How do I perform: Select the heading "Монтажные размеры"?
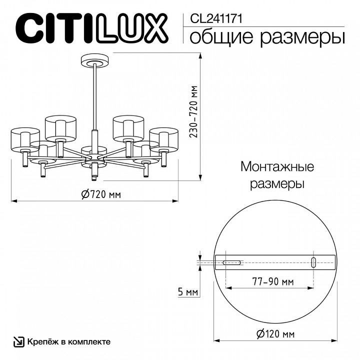(277, 174)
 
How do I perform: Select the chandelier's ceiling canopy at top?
(93, 61)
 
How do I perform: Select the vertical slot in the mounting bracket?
(313, 262)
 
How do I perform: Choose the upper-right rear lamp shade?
(128, 127)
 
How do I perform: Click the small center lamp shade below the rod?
(94, 150)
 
